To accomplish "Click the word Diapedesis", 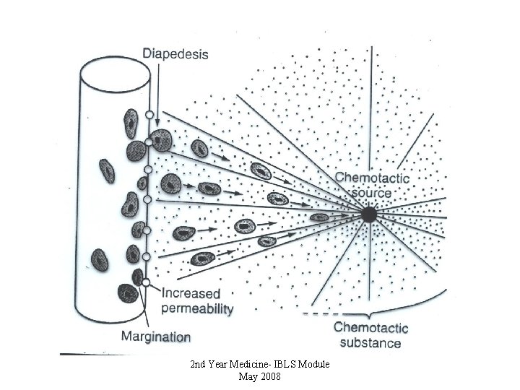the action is tap(175, 54).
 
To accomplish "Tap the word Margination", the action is tap(156, 337).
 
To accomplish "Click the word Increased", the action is tap(191, 293).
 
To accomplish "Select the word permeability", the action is tap(197, 309).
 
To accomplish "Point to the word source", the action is tap(372, 193).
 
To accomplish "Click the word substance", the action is tap(370, 342).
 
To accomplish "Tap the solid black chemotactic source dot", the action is tap(369, 215).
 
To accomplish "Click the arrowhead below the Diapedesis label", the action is tap(157, 123).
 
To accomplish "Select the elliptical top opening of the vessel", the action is tap(115, 74).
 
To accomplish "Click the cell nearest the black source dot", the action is tap(319, 217).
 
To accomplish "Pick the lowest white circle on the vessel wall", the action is tap(146, 282).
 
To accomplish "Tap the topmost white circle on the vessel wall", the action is tap(149, 115).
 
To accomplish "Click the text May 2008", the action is tap(260, 376).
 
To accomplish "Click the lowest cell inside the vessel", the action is tap(128, 293).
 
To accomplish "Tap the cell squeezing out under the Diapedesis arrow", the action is tap(161, 140).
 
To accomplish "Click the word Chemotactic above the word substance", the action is tap(370, 328).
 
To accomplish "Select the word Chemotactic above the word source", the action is tap(372, 178).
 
